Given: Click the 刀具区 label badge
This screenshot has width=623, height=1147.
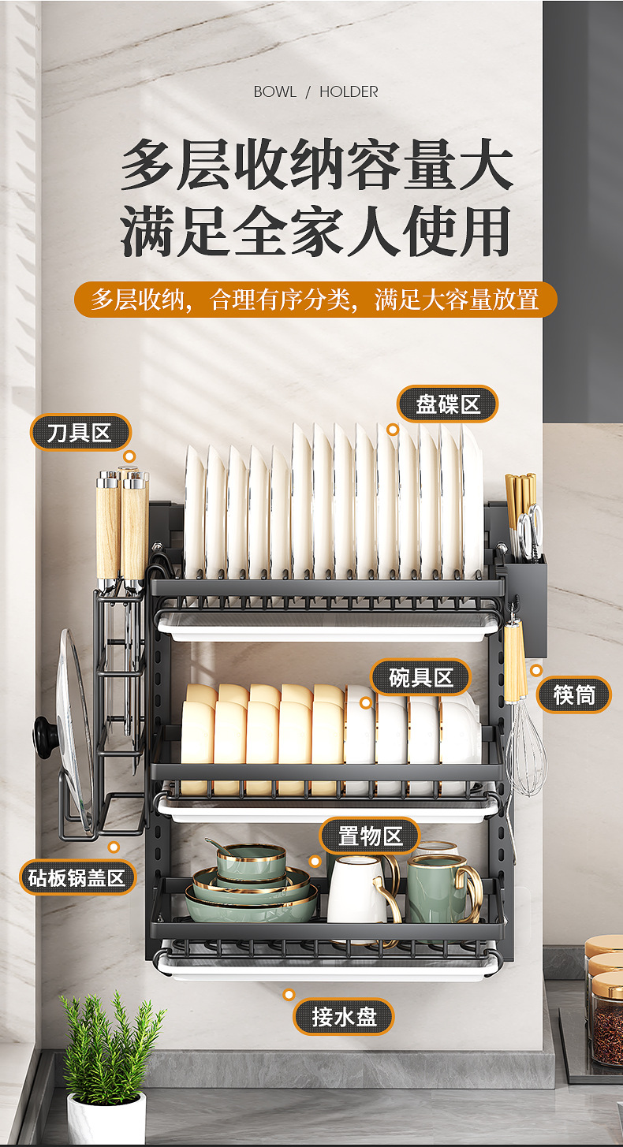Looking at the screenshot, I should [80, 433].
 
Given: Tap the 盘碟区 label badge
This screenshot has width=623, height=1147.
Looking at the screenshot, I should [448, 404].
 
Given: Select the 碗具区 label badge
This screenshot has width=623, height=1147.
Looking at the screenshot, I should [420, 677].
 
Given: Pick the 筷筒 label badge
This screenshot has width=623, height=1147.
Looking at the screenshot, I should [573, 695].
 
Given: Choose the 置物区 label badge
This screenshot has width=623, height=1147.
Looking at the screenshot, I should [369, 836].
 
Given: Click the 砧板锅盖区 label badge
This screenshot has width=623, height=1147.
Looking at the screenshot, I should [77, 877].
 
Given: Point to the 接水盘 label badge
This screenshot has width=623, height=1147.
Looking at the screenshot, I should [343, 1016].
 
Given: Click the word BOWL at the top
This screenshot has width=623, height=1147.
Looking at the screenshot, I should [274, 92].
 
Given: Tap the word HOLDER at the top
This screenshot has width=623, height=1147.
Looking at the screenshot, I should [349, 92].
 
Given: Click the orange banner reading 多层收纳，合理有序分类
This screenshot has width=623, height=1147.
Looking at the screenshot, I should [315, 300].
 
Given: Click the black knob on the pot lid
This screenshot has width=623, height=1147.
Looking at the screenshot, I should [43, 737].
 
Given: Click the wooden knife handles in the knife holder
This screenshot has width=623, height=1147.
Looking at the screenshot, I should [121, 524].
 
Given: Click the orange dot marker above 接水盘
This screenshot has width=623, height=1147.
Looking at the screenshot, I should [289, 995].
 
